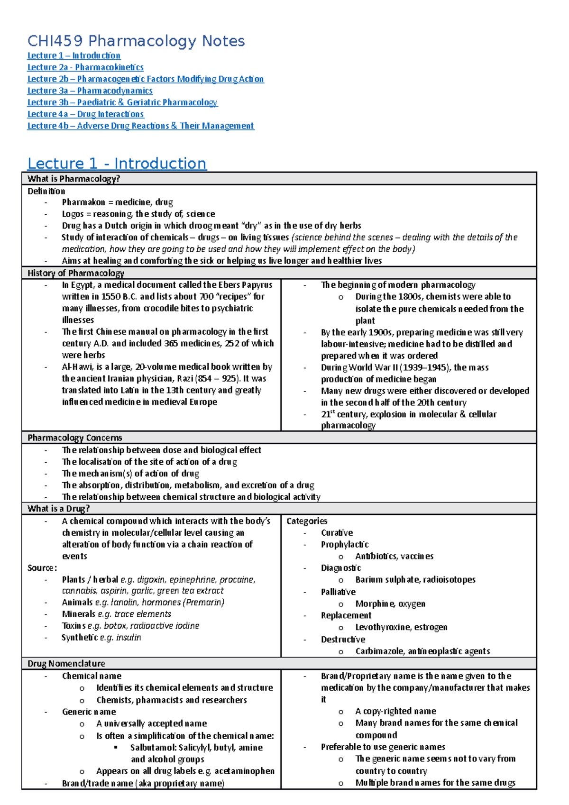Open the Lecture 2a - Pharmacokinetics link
(85, 67)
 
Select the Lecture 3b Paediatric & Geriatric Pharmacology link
(122, 102)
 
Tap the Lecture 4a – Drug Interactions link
(85, 114)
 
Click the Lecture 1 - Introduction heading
(117, 164)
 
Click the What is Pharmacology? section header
(73, 179)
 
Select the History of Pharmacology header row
(76, 273)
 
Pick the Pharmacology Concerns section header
(75, 438)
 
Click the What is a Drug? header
(59, 509)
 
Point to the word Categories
(307, 521)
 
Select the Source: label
(42, 568)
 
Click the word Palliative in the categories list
(338, 592)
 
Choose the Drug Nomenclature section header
(66, 664)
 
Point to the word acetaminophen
(244, 771)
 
